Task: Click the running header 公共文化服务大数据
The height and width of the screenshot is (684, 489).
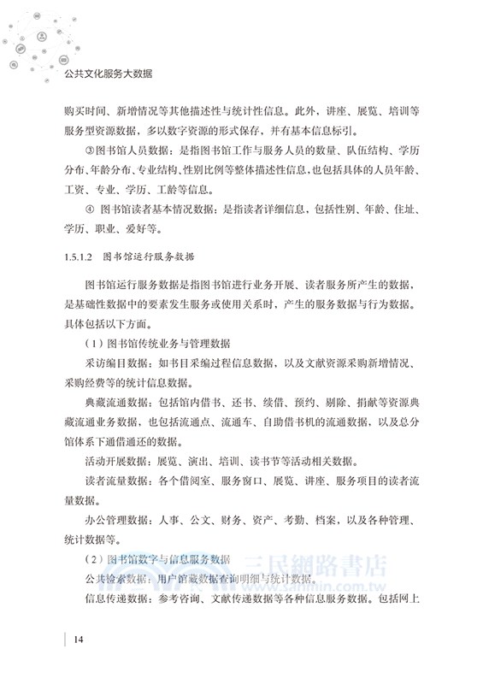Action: pos(109,74)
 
